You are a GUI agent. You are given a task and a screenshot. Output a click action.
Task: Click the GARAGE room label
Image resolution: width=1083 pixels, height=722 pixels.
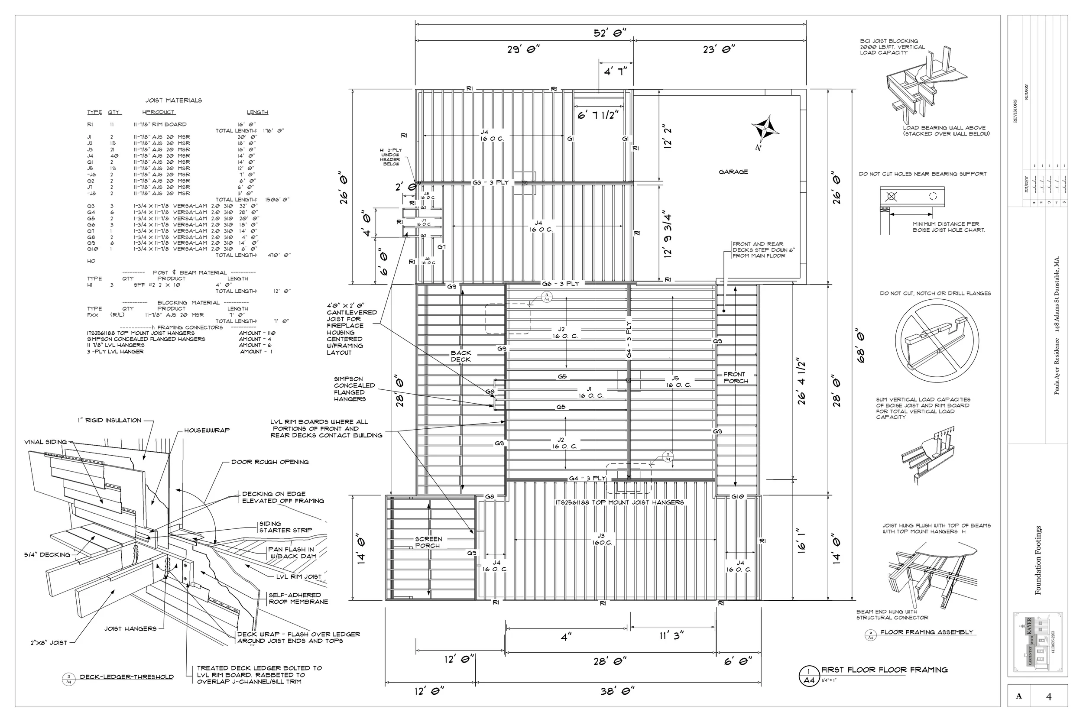[x=733, y=172]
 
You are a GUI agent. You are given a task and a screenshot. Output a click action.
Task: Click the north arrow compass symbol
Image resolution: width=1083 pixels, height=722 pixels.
[x=764, y=130]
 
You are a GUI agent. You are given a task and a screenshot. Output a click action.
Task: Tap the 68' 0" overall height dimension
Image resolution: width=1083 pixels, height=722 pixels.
[x=859, y=345]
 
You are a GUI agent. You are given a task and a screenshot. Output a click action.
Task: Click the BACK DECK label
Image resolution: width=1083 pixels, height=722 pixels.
[x=460, y=356]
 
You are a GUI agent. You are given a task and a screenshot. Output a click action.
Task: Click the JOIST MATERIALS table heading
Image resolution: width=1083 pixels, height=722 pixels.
[x=174, y=100]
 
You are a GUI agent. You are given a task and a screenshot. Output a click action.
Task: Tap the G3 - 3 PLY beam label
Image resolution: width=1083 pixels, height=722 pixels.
[x=490, y=182]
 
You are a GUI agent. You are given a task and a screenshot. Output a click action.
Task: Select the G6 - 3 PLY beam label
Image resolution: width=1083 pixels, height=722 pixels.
[x=561, y=284]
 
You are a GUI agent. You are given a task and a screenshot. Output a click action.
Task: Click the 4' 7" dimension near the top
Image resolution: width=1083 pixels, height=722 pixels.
[x=615, y=71]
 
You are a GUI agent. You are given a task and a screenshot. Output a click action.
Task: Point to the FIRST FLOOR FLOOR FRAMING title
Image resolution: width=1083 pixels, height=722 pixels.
[x=884, y=670]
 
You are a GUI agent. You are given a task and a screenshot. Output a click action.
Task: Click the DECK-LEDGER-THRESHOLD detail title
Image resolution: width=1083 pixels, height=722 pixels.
[x=126, y=677]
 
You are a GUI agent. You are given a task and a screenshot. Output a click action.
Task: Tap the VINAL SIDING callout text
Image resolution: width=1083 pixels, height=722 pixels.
[x=45, y=442]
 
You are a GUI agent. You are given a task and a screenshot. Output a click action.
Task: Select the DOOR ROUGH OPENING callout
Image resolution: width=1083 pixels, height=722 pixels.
[x=270, y=462]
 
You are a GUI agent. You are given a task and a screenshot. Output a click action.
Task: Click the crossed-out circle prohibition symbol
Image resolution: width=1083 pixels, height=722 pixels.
[x=936, y=341]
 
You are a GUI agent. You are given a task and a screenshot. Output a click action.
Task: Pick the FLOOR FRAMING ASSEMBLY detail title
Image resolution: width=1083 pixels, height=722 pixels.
[x=927, y=632]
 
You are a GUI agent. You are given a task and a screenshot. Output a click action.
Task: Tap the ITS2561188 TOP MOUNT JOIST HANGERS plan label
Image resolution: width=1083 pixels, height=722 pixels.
[x=619, y=502]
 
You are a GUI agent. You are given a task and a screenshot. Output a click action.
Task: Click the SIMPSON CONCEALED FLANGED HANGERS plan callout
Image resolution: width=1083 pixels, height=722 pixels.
[x=354, y=389]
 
